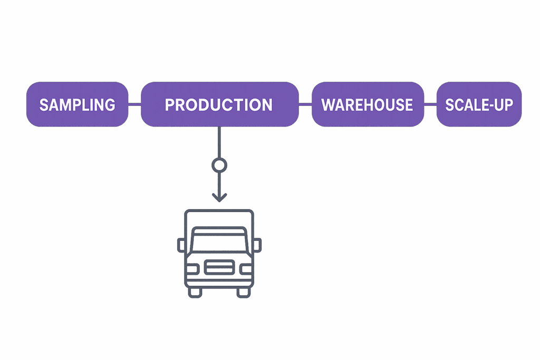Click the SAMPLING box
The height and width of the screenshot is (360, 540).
pyautogui.click(x=77, y=104)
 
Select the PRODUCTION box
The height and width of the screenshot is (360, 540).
pyautogui.click(x=219, y=104)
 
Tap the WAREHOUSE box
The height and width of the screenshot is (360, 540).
pyautogui.click(x=367, y=104)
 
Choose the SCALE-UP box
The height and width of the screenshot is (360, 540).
pyautogui.click(x=479, y=104)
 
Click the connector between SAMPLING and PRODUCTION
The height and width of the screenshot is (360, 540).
pyautogui.click(x=134, y=104)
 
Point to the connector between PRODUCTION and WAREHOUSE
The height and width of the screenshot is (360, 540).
pyautogui.click(x=305, y=104)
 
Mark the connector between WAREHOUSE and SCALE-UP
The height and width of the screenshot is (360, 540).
pyautogui.click(x=430, y=104)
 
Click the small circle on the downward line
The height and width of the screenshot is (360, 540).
pyautogui.click(x=219, y=166)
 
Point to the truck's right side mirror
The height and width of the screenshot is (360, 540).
pyautogui.click(x=257, y=245)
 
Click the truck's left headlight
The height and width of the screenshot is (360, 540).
pyautogui.click(x=192, y=269)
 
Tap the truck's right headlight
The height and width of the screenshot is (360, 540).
pyautogui.click(x=246, y=269)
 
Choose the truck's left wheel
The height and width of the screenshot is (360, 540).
pyautogui.click(x=195, y=291)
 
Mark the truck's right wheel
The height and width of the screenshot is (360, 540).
pyautogui.click(x=243, y=291)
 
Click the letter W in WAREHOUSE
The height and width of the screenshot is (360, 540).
pyautogui.click(x=328, y=104)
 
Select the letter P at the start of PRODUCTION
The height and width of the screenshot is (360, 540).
pyautogui.click(x=170, y=104)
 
